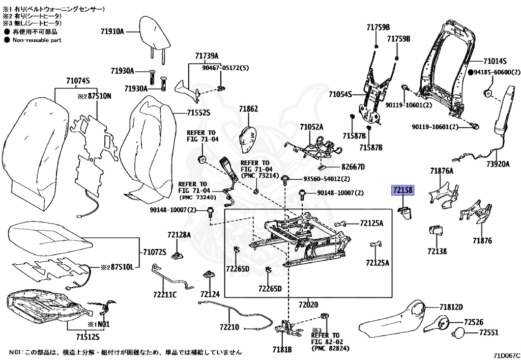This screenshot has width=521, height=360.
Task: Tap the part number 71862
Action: tap(249, 109)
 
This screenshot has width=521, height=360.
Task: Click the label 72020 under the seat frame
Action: tap(308, 305)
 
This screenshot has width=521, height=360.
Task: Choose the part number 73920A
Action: tap(498, 164)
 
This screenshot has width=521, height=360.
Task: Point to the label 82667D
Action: tap(353, 167)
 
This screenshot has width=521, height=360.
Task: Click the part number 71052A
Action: tap(311, 127)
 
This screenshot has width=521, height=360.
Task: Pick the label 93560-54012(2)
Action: tap(327, 179)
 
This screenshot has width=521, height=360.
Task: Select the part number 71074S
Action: tap(77, 80)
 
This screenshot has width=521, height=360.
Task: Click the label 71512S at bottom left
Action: tap(88, 337)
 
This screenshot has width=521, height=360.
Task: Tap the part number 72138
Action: tap(437, 251)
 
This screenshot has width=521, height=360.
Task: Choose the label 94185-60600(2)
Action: tap(496, 73)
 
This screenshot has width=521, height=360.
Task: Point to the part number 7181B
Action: tap(281, 349)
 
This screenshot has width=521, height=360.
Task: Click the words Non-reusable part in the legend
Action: tap(37, 40)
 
